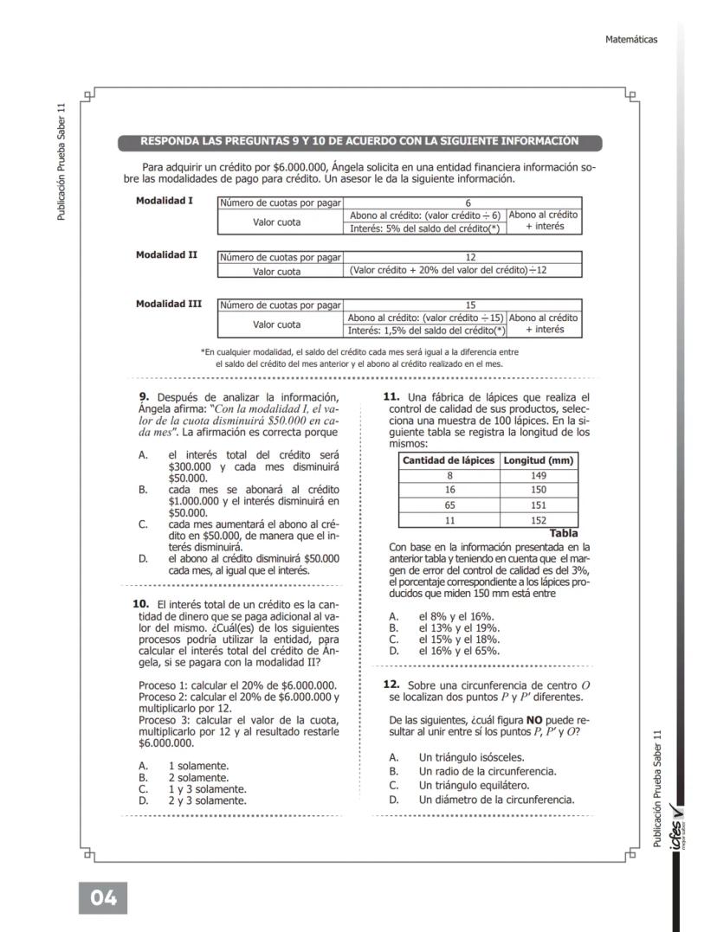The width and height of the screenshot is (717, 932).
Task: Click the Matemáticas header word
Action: [631, 39]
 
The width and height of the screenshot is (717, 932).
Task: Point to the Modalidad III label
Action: [169, 304]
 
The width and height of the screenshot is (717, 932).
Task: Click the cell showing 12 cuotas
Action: [462, 257]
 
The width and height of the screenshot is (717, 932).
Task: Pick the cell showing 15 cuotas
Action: [462, 305]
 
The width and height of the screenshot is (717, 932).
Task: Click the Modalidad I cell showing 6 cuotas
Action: [462, 202]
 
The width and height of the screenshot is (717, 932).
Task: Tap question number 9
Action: [144, 397]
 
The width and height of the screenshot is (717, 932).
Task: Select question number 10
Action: [140, 602]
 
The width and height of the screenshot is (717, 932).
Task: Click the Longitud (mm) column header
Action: [539, 460]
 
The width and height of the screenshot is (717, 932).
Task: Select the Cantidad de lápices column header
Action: [449, 460]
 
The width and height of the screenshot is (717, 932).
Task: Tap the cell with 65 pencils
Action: [449, 506]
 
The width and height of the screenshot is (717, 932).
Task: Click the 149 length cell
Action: [539, 475]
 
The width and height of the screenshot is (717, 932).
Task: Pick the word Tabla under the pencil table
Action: [564, 533]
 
